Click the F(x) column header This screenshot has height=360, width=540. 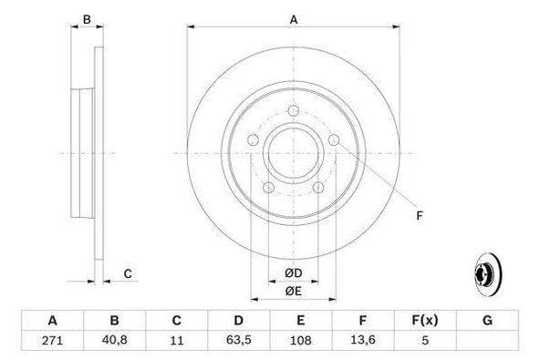426,321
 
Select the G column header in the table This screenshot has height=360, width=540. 488,321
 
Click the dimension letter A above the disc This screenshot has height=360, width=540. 293,20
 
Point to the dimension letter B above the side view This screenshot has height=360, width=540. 87,20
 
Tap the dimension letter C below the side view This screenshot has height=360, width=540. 128,273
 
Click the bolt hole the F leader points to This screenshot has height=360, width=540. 335,139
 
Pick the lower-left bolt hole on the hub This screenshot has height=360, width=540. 268,189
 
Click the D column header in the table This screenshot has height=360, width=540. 239,321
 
